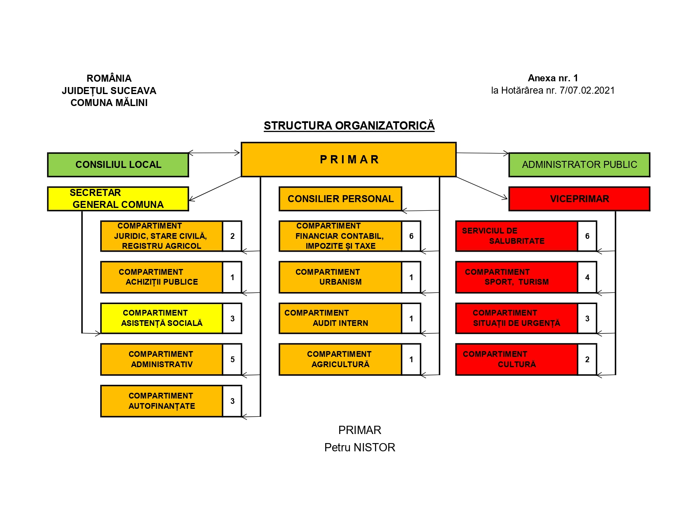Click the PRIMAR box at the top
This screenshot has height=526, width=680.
point(348,160)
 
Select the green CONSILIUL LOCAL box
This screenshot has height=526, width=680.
point(118,165)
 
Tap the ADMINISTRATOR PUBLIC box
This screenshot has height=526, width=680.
point(579,165)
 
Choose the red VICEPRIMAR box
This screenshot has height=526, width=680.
point(579,199)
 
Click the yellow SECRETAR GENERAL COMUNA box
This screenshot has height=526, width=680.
point(118,199)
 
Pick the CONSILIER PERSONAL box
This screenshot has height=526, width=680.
point(340,199)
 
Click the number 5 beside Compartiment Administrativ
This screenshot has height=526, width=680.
point(232,359)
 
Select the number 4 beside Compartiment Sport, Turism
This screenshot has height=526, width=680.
point(587,277)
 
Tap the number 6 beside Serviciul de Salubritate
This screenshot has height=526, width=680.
point(587,236)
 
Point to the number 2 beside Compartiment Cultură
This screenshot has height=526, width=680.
point(587,359)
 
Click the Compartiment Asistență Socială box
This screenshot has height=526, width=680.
point(162,318)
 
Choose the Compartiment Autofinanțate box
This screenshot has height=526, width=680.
point(162,401)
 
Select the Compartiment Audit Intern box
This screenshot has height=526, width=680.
point(340,318)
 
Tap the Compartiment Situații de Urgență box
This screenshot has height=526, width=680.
point(517,318)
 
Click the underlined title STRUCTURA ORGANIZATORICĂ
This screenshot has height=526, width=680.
point(349,126)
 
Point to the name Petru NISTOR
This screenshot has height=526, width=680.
point(359,447)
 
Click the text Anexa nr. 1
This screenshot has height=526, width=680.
point(553,78)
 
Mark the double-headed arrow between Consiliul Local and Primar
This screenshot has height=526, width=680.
point(214,153)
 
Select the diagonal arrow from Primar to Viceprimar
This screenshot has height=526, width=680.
point(482,188)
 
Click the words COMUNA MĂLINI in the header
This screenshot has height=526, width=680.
point(109,103)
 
